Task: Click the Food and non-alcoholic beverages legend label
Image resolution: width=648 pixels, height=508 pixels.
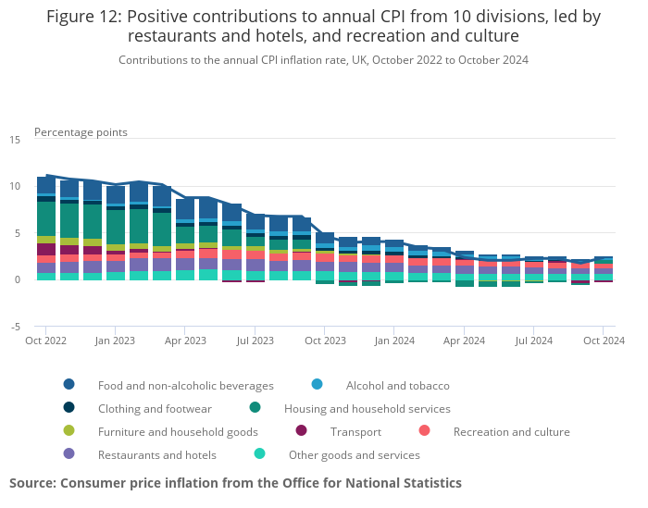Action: (x=185, y=385)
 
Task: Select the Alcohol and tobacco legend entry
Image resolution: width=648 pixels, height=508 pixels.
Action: (x=397, y=385)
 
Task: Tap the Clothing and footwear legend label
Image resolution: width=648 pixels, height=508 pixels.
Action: (x=155, y=408)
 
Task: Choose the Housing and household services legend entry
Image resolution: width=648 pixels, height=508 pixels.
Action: (x=367, y=408)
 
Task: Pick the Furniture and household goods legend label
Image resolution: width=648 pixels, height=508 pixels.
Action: (x=178, y=431)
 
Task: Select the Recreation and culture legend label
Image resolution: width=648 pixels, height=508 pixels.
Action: (x=511, y=431)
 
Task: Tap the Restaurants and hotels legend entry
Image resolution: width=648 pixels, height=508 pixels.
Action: (x=156, y=454)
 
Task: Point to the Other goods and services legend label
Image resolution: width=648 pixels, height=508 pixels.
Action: (x=354, y=454)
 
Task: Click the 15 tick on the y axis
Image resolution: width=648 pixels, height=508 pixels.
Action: (x=15, y=140)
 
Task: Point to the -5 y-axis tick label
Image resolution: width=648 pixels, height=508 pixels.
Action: (x=15, y=327)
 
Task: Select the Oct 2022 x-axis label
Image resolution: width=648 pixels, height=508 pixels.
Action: (x=45, y=341)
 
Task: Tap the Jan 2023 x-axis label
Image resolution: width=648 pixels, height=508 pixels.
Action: (x=115, y=341)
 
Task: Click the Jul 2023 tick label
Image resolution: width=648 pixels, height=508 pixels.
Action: (x=255, y=341)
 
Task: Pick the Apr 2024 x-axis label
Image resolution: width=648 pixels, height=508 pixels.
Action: (x=464, y=341)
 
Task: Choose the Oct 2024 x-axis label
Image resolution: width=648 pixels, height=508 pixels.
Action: (x=603, y=341)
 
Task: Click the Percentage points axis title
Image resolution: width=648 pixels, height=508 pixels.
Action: (x=81, y=132)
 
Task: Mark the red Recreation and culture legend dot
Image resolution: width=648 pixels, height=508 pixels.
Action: (x=425, y=431)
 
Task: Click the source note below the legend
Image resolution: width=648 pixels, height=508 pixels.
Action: (x=235, y=483)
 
